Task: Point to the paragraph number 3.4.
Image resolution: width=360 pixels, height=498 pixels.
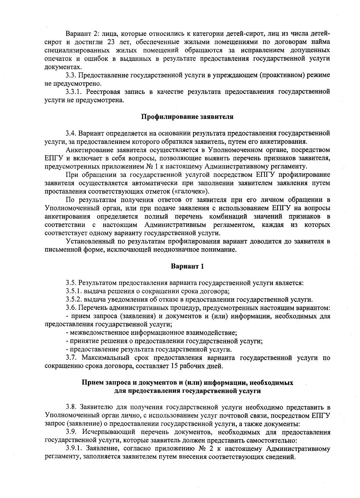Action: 71,133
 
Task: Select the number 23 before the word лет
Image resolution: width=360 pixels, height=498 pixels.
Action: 111,41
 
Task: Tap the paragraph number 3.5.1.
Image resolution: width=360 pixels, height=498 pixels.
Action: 74,291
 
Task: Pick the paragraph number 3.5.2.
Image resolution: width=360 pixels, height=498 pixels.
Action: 74,299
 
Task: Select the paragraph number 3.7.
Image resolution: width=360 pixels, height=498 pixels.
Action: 71,358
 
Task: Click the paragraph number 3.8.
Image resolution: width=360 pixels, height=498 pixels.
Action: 71,407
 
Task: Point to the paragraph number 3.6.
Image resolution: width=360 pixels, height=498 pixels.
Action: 71,308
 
